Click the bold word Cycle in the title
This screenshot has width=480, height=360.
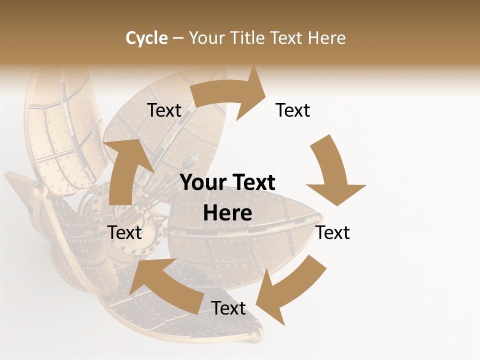[x=146, y=38]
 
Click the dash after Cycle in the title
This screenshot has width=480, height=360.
[x=178, y=38]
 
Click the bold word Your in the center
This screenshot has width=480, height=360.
[x=201, y=183]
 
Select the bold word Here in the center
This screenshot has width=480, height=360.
[x=227, y=213]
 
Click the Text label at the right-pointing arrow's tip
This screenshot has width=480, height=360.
[x=293, y=110]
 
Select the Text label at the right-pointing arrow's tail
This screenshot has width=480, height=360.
[x=164, y=110]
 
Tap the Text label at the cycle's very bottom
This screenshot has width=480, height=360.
[x=228, y=308]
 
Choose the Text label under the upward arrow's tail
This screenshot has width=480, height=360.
[x=125, y=232]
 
